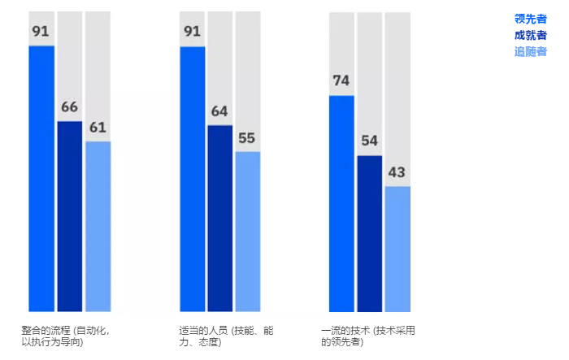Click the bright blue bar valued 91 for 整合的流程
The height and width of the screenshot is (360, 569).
[41, 179]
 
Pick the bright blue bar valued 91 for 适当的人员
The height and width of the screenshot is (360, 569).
[192, 179]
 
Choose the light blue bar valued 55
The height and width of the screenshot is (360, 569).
[248, 231]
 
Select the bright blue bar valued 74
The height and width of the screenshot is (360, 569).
[341, 203]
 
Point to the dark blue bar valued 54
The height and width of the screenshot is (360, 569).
[370, 233]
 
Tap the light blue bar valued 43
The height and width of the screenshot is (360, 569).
[397, 249]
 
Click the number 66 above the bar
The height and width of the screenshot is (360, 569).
[70, 107]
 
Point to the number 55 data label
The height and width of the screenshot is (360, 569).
[248, 137]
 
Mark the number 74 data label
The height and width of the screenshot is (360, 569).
[341, 81]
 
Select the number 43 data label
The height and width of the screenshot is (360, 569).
[397, 172]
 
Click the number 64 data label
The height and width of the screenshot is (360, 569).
[220, 111]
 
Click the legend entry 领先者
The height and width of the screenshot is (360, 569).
[530, 19]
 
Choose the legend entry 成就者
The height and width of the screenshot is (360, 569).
[530, 35]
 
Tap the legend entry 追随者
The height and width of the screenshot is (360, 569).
[530, 51]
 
